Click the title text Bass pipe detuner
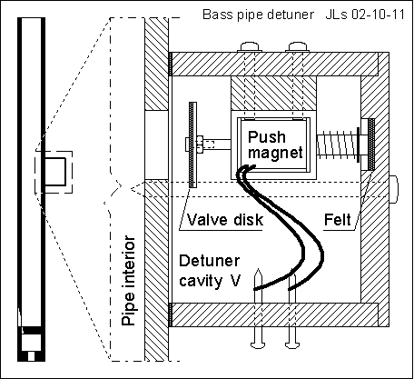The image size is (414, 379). (x=258, y=15)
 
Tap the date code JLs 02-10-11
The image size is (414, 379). (x=365, y=15)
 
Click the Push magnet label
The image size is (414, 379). (x=275, y=145)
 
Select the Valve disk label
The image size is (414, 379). (x=225, y=220)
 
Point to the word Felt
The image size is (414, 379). (x=338, y=220)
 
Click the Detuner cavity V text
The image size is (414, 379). (x=210, y=271)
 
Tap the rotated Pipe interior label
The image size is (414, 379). (x=128, y=280)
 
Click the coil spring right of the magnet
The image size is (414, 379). (x=337, y=146)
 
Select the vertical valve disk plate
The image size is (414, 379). (x=192, y=145)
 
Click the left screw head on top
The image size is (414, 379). (x=250, y=47)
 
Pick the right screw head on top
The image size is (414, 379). (x=298, y=47)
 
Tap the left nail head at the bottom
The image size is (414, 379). (x=258, y=344)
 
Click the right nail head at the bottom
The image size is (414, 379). (x=292, y=344)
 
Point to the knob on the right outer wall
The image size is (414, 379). (x=394, y=189)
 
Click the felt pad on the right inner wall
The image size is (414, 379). (x=371, y=144)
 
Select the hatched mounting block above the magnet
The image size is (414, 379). (x=273, y=93)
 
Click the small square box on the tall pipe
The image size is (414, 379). (x=55, y=172)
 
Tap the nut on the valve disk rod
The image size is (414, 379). (x=200, y=145)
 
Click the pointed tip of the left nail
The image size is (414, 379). (x=258, y=269)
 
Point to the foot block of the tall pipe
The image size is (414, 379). (x=31, y=344)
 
